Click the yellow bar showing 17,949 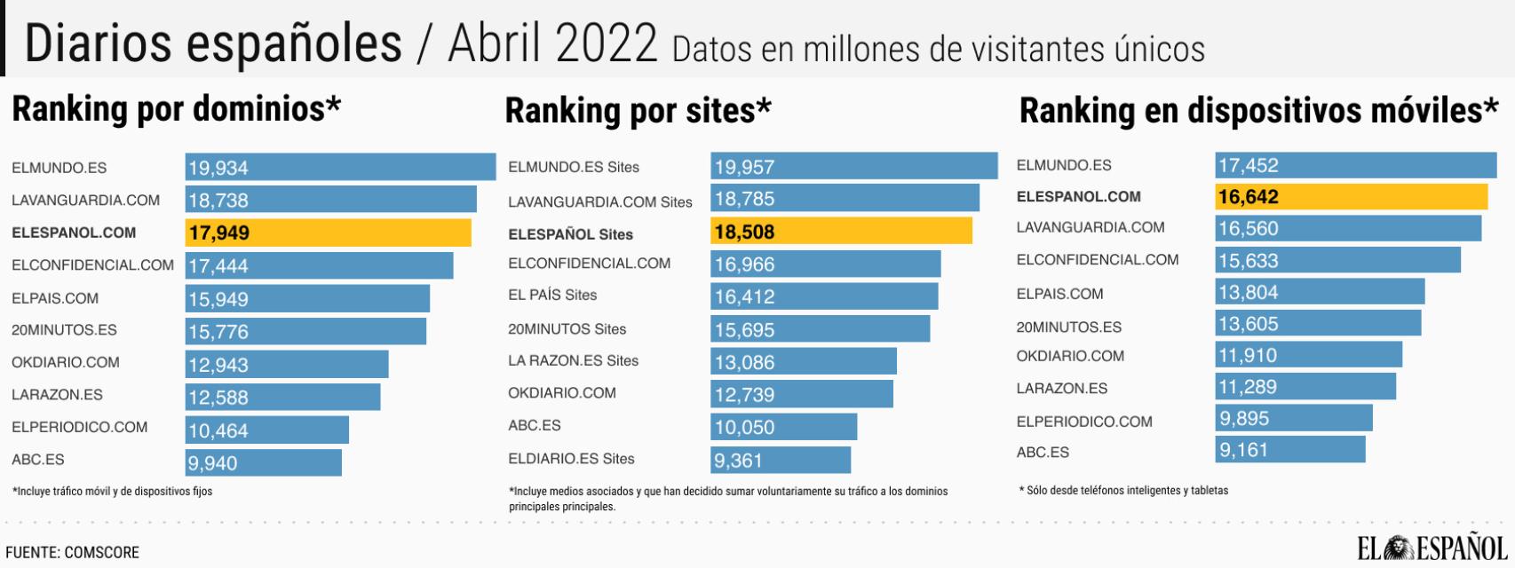(328, 233)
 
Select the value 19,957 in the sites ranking (744, 167)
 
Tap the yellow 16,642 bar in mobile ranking (1350, 197)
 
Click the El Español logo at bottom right (1432, 548)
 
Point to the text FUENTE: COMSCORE (73, 552)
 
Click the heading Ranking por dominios (176, 109)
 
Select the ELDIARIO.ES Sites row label (571, 459)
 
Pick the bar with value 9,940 (263, 462)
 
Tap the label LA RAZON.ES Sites (573, 360)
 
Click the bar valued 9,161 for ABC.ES (1289, 449)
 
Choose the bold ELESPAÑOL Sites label (570, 234)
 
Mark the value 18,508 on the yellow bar (744, 232)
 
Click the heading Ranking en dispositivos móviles (1257, 111)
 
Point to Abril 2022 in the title (552, 43)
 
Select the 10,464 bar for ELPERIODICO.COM (266, 430)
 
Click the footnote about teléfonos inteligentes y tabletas (1123, 490)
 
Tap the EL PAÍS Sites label (552, 295)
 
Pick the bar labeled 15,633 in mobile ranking (1337, 260)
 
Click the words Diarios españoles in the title (213, 43)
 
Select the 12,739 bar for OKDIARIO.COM (801, 394)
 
